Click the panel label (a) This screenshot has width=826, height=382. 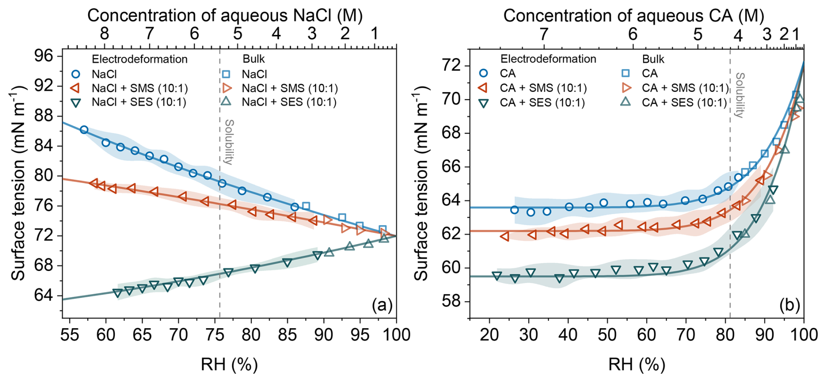coord(382,305)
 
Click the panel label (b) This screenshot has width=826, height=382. coord(789,305)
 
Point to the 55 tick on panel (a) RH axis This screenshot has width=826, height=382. coord(69,335)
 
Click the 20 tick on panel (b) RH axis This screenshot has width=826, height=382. coord(489,335)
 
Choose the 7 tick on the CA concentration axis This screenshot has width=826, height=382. coord(544,34)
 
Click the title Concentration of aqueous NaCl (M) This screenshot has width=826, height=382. coord(225,15)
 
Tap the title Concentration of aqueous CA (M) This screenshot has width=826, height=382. coord(633,15)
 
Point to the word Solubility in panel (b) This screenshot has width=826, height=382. coord(740,95)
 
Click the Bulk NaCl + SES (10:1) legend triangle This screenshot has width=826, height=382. coord(226,102)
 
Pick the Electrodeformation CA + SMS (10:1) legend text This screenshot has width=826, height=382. coord(543,88)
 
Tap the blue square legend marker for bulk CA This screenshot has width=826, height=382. coord(626,73)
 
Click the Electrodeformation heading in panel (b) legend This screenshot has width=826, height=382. coord(548,59)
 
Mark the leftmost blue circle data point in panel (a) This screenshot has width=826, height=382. coord(84,130)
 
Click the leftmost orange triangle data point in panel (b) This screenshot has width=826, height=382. coord(505,236)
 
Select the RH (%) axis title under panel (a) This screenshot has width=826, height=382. coord(229,364)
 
